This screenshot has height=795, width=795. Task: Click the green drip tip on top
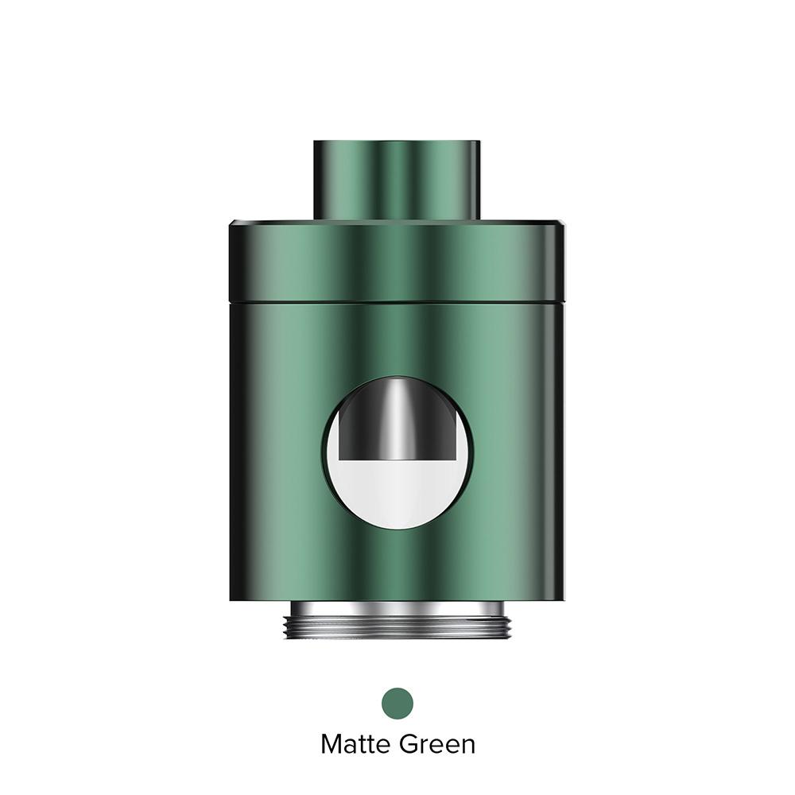pos(397,180)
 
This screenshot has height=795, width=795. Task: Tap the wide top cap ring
pos(397,261)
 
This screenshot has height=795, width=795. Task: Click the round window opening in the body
pos(398,453)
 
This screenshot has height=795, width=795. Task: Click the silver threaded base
pos(397,619)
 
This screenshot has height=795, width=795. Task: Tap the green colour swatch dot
pos(397,704)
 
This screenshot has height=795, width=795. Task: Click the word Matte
pos(356,745)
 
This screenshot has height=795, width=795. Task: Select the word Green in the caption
pos(437,745)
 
